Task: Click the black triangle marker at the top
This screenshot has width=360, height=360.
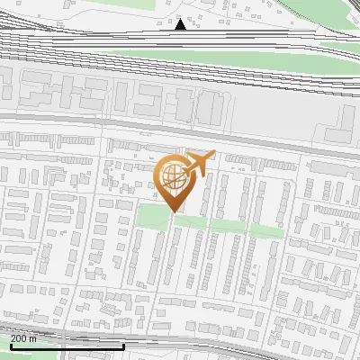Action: click(181, 24)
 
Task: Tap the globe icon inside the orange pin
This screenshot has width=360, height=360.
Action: click(173, 174)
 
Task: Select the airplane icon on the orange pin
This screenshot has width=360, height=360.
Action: click(198, 163)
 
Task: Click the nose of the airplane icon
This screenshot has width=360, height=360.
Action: click(212, 157)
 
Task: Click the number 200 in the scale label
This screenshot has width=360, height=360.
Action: click(19, 338)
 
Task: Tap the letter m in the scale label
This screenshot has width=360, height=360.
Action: click(33, 338)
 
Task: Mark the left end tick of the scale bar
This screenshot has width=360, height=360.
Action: click(10, 346)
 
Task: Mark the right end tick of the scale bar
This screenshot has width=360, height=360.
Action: click(123, 346)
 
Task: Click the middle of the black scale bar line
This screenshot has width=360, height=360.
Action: click(67, 347)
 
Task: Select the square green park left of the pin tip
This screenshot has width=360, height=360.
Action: click(152, 217)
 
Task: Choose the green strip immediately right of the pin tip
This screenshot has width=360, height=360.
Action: click(190, 221)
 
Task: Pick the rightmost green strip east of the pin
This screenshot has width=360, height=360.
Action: click(266, 230)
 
